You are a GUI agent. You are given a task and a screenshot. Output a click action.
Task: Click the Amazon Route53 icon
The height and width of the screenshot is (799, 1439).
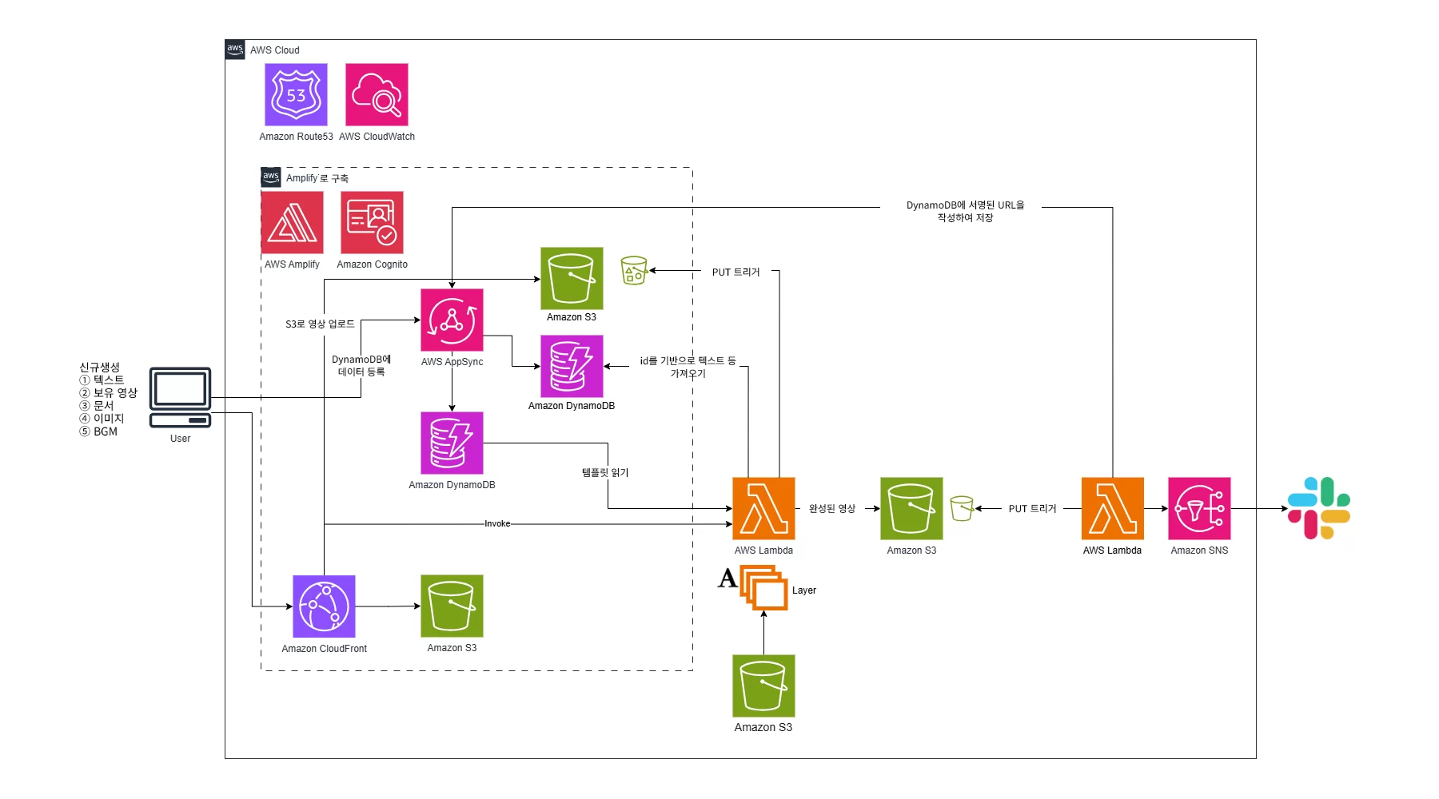pyautogui.click(x=296, y=95)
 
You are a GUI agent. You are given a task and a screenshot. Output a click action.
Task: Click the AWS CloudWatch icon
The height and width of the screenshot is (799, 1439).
pyautogui.click(x=377, y=95)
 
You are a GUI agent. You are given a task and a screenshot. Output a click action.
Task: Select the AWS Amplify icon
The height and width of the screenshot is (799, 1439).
pyautogui.click(x=293, y=222)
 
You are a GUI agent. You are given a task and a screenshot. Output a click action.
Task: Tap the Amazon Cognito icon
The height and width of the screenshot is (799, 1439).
pyautogui.click(x=372, y=222)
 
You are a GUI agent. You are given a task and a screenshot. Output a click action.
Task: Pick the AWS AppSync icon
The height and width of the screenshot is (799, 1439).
pyautogui.click(x=452, y=320)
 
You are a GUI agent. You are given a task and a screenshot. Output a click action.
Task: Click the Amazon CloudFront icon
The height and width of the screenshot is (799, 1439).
pyautogui.click(x=324, y=606)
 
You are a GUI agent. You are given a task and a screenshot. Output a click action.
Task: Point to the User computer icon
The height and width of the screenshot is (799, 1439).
pyautogui.click(x=181, y=398)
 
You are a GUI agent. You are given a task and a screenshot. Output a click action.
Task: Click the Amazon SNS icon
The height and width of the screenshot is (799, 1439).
pyautogui.click(x=1199, y=508)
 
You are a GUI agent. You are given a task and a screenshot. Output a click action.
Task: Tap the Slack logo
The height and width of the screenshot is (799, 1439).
pyautogui.click(x=1319, y=508)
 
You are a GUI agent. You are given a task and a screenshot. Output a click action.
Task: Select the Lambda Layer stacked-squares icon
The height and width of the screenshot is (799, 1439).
pyautogui.click(x=764, y=587)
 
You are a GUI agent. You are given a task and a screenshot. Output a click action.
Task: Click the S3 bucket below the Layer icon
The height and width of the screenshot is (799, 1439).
pyautogui.click(x=763, y=686)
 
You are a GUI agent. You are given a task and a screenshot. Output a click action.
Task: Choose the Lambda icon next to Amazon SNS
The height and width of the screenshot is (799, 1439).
pyautogui.click(x=1112, y=508)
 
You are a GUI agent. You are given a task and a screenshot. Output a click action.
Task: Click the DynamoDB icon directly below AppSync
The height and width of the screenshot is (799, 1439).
pyautogui.click(x=452, y=443)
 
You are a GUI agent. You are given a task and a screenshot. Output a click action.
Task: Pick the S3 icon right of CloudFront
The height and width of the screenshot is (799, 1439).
pyautogui.click(x=452, y=606)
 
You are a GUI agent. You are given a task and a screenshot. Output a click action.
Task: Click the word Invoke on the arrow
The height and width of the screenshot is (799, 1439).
pyautogui.click(x=497, y=524)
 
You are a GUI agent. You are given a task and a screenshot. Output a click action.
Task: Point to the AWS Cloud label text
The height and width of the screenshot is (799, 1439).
pyautogui.click(x=274, y=50)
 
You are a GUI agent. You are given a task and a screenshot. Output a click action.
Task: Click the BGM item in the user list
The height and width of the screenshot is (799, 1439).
pyautogui.click(x=105, y=431)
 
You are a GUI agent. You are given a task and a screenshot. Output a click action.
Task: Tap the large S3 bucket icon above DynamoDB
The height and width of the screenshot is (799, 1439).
pyautogui.click(x=572, y=278)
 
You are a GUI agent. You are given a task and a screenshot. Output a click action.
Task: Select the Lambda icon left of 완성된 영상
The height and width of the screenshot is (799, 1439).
pyautogui.click(x=763, y=508)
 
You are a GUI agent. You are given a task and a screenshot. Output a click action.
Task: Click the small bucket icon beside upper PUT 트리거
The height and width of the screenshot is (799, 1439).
pyautogui.click(x=634, y=271)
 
